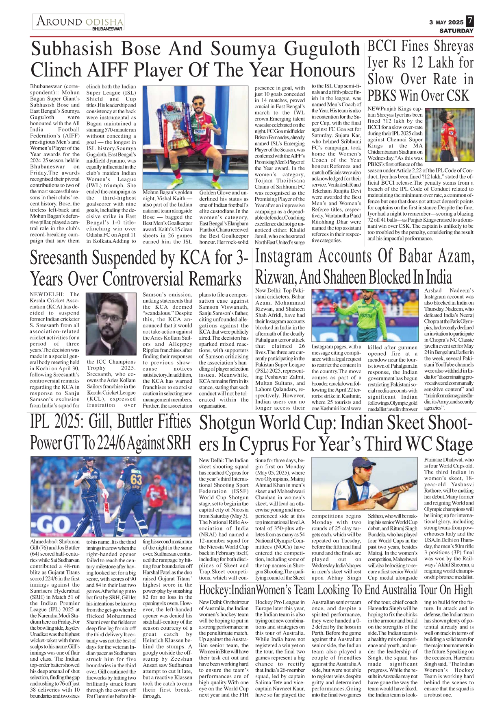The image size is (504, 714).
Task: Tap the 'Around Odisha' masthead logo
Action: coord(80,21)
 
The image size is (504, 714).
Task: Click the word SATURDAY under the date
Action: coord(456,31)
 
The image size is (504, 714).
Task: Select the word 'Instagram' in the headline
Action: coord(284,256)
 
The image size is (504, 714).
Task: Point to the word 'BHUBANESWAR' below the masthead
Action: coord(107,29)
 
